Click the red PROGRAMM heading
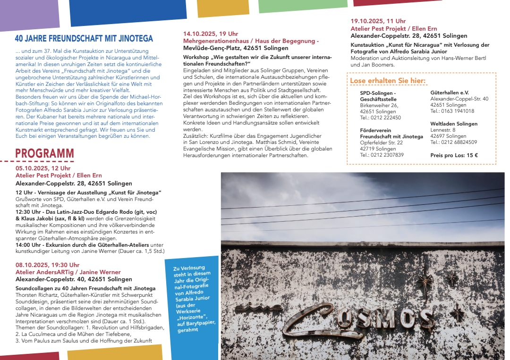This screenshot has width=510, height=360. (44, 153)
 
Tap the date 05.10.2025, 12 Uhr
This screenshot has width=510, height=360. (43, 168)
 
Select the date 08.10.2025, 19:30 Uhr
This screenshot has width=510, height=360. (47, 265)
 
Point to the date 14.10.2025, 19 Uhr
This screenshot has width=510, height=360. (211, 34)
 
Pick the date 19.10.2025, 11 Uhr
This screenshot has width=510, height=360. (378, 21)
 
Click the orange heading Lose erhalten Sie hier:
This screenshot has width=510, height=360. (387, 81)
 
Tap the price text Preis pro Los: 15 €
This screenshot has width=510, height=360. (454, 155)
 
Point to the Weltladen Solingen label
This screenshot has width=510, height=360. (454, 124)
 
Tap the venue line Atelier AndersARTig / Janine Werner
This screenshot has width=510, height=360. (68, 272)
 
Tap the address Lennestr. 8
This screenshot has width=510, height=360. (443, 130)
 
